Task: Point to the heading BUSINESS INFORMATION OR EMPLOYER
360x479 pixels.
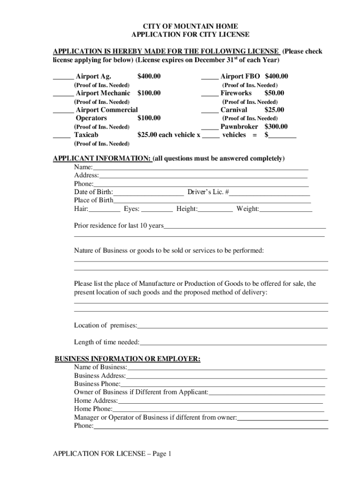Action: [128, 359]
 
